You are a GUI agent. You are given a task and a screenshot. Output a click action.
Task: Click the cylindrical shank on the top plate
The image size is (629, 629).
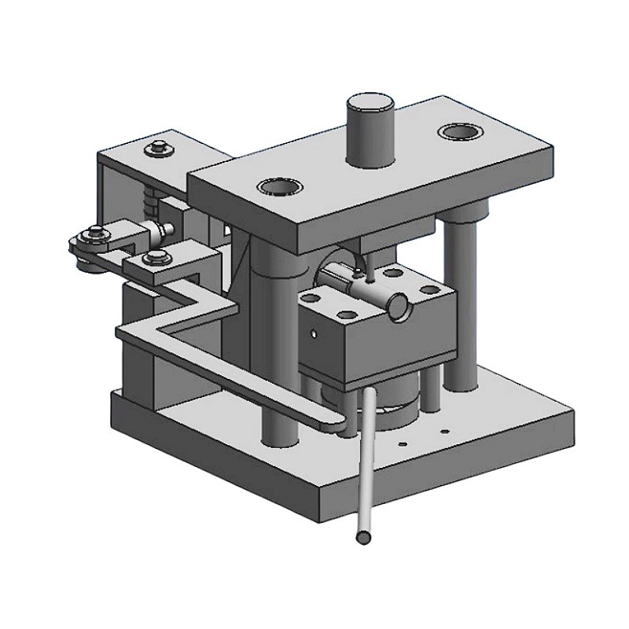(x=370, y=130)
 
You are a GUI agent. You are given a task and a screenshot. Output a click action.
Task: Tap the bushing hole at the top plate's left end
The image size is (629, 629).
(x=279, y=187)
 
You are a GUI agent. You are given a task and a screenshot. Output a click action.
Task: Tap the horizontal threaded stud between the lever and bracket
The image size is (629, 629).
(x=163, y=230)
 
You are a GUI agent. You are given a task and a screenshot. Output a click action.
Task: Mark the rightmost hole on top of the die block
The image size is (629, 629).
(x=429, y=289)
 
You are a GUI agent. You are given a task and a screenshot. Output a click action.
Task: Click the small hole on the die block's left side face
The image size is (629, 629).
(x=314, y=334)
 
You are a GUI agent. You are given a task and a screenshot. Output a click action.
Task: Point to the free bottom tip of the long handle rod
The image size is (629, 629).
(x=362, y=537)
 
